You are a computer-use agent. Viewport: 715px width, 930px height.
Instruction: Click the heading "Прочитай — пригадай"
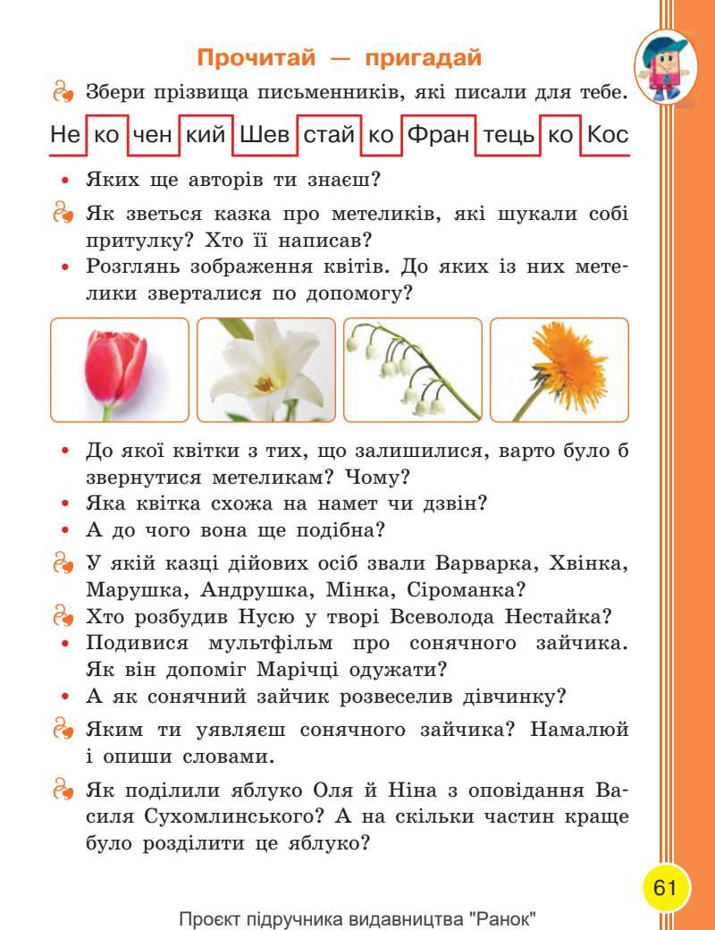tap(339, 59)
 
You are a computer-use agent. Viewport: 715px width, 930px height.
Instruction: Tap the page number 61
tap(664, 889)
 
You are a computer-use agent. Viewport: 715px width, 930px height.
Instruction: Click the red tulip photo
tap(120, 369)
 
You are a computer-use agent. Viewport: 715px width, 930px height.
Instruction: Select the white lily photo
tap(265, 369)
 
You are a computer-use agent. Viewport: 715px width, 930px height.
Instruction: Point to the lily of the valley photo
tap(413, 369)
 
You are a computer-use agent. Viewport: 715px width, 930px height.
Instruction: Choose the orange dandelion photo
tap(559, 369)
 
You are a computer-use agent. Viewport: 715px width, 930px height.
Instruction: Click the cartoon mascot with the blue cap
tap(663, 66)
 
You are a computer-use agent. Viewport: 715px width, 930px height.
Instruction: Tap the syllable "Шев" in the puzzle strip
tap(265, 135)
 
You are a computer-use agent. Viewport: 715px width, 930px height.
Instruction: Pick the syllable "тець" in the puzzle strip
tap(508, 135)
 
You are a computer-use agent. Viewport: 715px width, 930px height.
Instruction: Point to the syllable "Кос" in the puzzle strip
tap(609, 135)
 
